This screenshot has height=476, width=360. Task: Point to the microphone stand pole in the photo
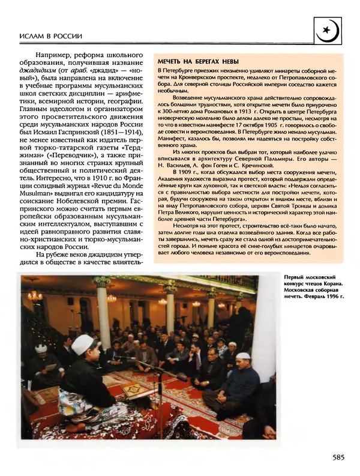tap(160, 402)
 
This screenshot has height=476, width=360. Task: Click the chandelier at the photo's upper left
tap(34, 294)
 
